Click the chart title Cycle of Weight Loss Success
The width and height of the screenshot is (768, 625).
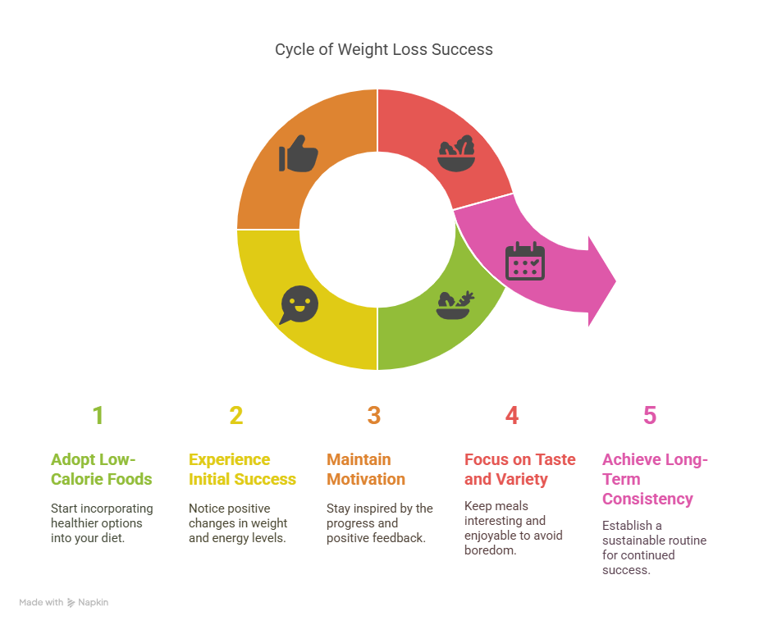pyautogui.click(x=383, y=49)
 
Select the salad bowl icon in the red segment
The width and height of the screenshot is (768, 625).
pyautogui.click(x=455, y=153)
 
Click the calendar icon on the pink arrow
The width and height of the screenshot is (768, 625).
pyautogui.click(x=524, y=261)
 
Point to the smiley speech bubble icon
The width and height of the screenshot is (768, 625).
pyautogui.click(x=299, y=304)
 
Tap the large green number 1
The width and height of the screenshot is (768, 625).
pyautogui.click(x=98, y=416)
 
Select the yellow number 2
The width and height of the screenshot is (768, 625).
pyautogui.click(x=236, y=416)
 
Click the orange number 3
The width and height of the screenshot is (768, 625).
pyautogui.click(x=374, y=416)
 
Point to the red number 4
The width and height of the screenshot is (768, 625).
pyautogui.click(x=512, y=416)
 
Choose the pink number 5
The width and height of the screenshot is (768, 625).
pyautogui.click(x=650, y=416)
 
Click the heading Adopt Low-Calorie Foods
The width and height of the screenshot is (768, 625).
pyautogui.click(x=101, y=469)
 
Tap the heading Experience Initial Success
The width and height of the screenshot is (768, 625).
pyautogui.click(x=242, y=469)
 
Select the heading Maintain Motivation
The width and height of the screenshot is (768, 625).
pyautogui.click(x=366, y=469)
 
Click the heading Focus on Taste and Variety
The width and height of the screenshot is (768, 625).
pyautogui.click(x=520, y=469)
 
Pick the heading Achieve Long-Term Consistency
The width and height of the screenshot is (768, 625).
pyautogui.click(x=655, y=479)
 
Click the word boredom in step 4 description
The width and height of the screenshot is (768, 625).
pyautogui.click(x=491, y=550)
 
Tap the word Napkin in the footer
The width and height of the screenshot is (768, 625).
pyautogui.click(x=94, y=602)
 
